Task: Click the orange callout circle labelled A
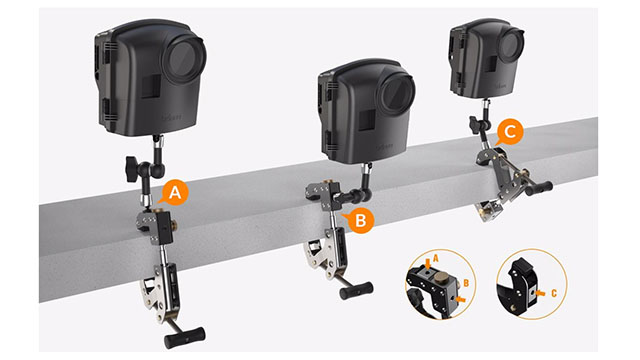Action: click(175, 193)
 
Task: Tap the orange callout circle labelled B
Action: click(361, 220)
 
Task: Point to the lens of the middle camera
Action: click(396, 94)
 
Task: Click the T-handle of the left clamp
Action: click(184, 337)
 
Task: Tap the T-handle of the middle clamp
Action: click(356, 291)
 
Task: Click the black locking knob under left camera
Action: click(133, 168)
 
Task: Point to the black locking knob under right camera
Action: click(475, 124)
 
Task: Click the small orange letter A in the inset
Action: click(436, 258)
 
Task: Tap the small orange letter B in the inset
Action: click(466, 283)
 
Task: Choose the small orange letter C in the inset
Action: click(554, 293)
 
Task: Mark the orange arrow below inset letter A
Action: click(427, 263)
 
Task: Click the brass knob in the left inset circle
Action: click(440, 280)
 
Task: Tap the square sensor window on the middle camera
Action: click(367, 120)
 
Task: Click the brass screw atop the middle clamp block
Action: click(327, 180)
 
